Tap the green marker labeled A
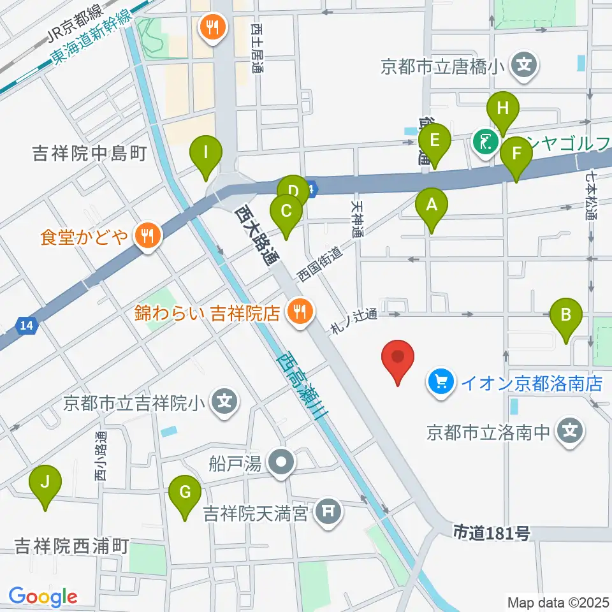click(x=432, y=208)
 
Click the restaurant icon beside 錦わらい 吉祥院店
click(x=298, y=312)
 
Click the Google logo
click(x=43, y=597)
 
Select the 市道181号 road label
click(x=491, y=532)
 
